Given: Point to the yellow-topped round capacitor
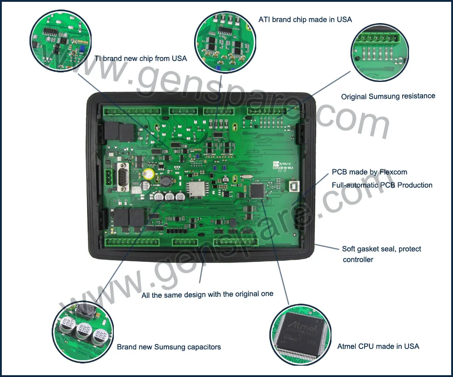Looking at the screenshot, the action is (148, 174).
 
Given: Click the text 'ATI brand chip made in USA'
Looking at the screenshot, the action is (305, 19).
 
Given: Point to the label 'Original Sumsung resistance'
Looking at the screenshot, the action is (388, 96).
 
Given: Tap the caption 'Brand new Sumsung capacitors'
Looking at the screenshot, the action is (169, 347).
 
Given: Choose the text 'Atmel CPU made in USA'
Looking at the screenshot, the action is (378, 346).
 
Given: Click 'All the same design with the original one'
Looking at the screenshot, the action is (207, 294).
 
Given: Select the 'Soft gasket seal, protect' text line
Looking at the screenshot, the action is (381, 249).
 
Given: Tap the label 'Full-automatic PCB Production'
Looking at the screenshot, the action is (382, 185).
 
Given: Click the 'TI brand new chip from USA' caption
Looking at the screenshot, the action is (141, 58).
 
